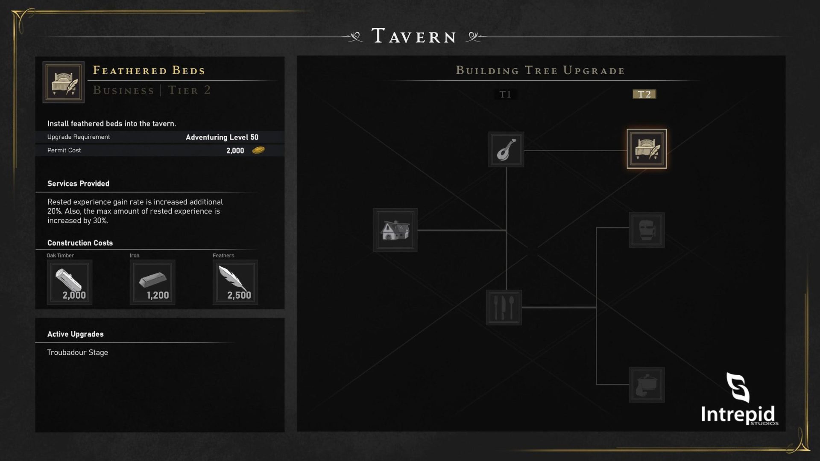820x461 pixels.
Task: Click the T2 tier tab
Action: (x=644, y=94)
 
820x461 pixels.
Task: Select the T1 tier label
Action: (x=505, y=94)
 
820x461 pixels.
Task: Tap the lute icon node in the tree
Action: (x=506, y=149)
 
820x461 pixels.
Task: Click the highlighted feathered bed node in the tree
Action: (x=647, y=149)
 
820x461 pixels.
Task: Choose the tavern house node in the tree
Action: (x=395, y=230)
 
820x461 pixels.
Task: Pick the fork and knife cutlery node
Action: (x=504, y=307)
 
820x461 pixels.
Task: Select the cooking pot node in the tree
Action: (x=647, y=385)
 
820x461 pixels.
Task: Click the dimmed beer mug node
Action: (x=647, y=230)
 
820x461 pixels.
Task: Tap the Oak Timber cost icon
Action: (x=70, y=282)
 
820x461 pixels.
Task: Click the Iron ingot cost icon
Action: (x=152, y=282)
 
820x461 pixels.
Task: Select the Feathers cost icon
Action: (x=235, y=282)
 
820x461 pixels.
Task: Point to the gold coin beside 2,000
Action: (x=258, y=150)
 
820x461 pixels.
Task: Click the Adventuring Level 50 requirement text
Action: (x=222, y=137)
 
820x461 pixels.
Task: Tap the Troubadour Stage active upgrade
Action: (x=77, y=352)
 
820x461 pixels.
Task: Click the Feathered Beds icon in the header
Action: (x=64, y=82)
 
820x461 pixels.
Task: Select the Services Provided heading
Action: (x=78, y=184)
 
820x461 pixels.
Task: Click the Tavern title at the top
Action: (x=414, y=36)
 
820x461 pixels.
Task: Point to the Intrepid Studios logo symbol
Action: (x=738, y=387)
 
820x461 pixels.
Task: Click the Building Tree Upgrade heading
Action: (x=540, y=70)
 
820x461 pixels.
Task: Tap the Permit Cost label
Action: (x=64, y=150)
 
